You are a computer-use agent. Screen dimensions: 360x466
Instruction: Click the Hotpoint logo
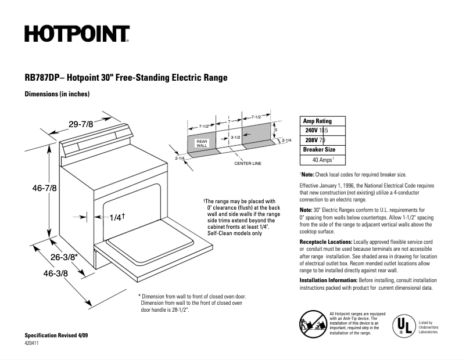[x=76, y=34]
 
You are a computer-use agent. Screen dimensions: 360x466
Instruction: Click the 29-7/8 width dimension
[x=80, y=124]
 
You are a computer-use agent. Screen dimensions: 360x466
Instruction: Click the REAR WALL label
[x=202, y=143]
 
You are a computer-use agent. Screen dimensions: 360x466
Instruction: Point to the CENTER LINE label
[x=248, y=163]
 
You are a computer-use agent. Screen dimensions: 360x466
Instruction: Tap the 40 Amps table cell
[x=323, y=159]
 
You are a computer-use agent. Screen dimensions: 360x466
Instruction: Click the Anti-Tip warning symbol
[x=313, y=323]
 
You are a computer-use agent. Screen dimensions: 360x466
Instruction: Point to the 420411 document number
[x=34, y=344]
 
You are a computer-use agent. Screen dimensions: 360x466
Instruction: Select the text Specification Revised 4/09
[x=56, y=336]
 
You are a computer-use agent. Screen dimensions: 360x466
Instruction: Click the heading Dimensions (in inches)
[x=57, y=94]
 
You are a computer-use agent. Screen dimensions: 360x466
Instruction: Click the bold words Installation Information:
[x=328, y=280]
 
